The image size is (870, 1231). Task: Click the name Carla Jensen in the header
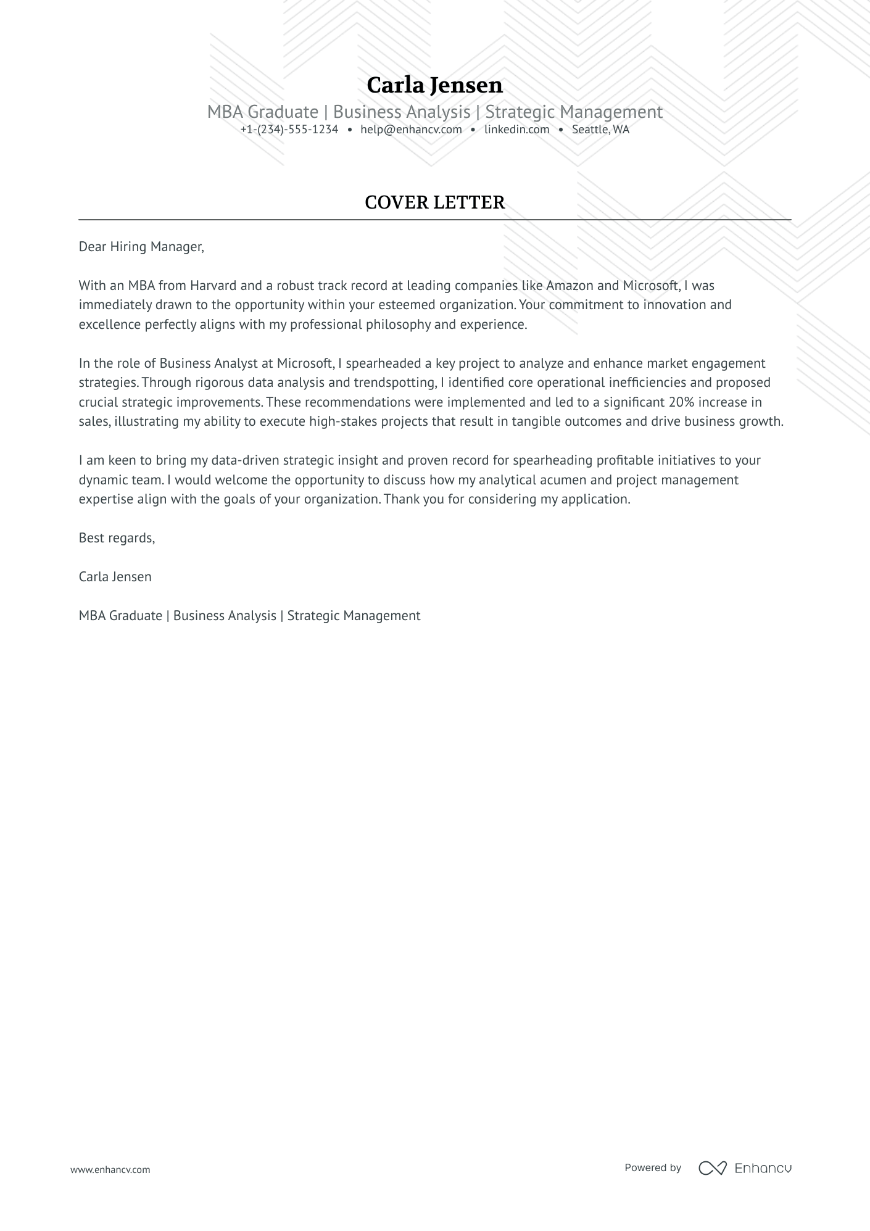(434, 85)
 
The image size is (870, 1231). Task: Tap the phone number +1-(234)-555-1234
(289, 130)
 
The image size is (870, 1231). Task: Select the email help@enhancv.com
(411, 130)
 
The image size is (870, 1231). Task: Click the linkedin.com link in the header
(516, 130)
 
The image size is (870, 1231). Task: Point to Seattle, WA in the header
(600, 130)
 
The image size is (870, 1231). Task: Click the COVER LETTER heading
(434, 202)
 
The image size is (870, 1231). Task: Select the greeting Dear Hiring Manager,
(141, 247)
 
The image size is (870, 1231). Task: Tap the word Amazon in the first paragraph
(570, 286)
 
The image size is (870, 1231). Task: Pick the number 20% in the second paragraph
(681, 402)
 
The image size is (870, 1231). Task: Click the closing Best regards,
(117, 538)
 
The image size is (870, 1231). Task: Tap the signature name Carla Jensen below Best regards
(115, 577)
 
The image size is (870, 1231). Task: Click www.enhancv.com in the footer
(110, 1169)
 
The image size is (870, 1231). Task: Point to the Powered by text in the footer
(652, 1167)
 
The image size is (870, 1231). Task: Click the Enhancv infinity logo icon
(712, 1167)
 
